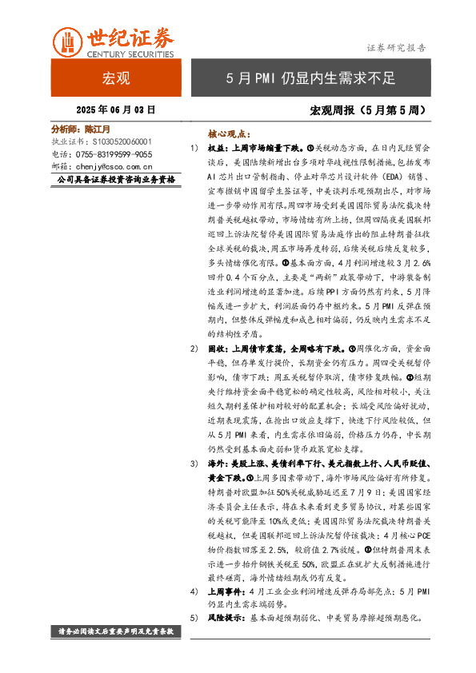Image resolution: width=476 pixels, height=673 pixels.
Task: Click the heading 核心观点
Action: (229, 135)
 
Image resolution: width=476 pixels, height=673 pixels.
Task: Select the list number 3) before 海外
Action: (194, 464)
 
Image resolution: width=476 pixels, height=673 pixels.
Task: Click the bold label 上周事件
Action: (226, 591)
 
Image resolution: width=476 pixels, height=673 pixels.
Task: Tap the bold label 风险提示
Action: (226, 618)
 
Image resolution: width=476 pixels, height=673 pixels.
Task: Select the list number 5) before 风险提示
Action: (194, 618)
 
